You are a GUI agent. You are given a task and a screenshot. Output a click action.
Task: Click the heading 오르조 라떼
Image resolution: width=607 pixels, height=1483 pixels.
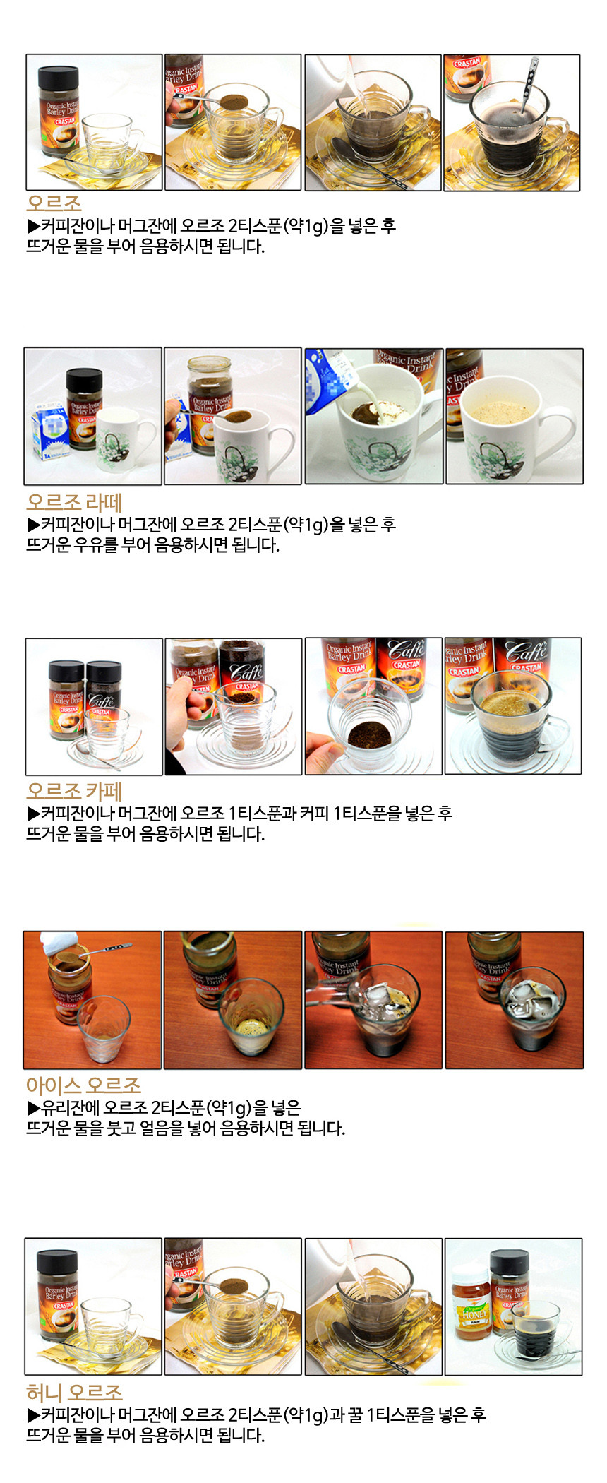[x=74, y=502]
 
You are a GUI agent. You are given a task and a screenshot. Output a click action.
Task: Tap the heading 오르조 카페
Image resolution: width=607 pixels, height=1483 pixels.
[x=74, y=791]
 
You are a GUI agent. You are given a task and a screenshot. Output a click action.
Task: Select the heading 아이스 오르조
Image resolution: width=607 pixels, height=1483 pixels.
[x=83, y=1085]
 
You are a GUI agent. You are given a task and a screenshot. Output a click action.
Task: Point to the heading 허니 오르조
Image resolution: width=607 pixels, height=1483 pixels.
[x=74, y=1393]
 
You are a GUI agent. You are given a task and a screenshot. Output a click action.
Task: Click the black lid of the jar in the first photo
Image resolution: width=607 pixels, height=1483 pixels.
[x=58, y=79]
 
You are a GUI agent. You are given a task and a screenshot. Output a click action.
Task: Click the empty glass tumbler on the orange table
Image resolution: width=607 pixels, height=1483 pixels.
[x=103, y=1028]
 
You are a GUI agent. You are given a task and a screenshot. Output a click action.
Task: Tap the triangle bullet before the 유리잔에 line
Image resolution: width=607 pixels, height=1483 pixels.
[x=33, y=1107]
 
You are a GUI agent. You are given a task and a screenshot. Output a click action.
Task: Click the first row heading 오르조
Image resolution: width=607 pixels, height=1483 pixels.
[x=54, y=203]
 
